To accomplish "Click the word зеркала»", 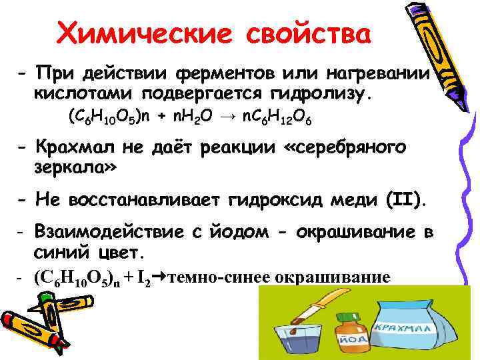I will [75, 167].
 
